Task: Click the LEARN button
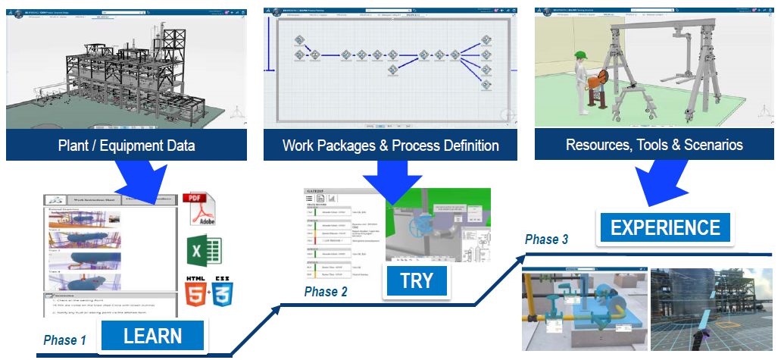[153, 336]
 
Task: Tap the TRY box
[417, 280]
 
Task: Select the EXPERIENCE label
[666, 227]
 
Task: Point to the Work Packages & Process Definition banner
[390, 145]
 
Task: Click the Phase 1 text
[65, 340]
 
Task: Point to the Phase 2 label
[327, 292]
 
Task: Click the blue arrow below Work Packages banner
[390, 182]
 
